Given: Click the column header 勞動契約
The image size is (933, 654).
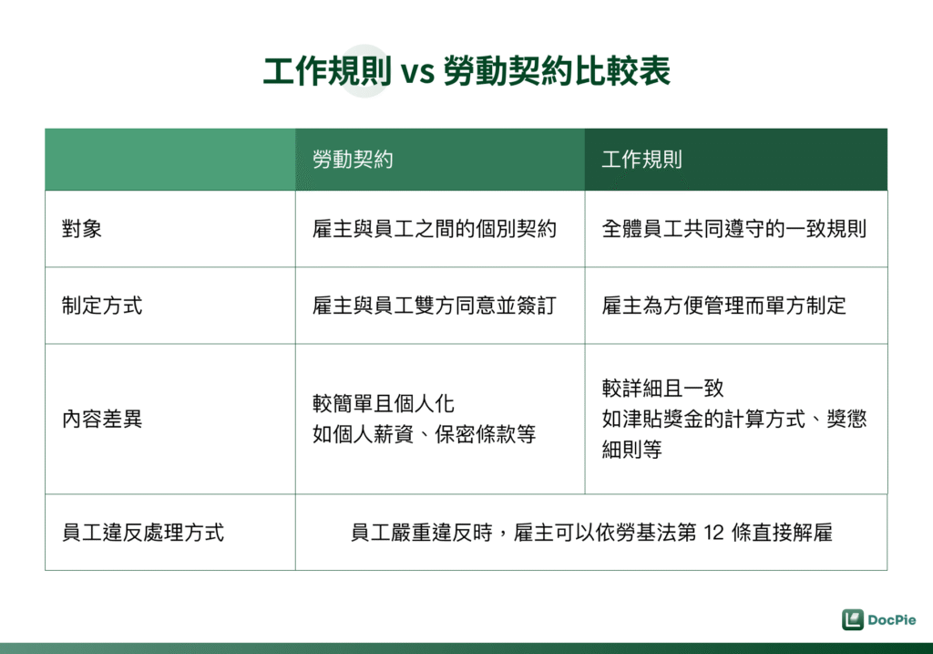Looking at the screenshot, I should coord(353,160).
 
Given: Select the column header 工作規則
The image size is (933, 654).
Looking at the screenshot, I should coord(641,160).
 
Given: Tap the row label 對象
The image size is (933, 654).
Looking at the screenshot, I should coord(82,229).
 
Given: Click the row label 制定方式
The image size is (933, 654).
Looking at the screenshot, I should coord(102,306).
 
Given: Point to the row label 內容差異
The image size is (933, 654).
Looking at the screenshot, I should coord(102,420).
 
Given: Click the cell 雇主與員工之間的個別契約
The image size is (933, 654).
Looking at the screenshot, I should coord(434,229).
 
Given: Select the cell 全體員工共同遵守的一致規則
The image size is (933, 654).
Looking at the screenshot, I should coord(733,229).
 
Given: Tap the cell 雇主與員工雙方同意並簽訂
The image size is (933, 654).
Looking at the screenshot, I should coord(434,306).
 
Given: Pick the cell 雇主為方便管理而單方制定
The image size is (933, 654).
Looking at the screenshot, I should coord(723,306).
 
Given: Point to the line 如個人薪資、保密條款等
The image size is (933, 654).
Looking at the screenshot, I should coord(424,434).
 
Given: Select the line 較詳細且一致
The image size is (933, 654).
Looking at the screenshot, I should coord(662,389).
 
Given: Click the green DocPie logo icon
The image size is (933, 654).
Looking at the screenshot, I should coord(852,619).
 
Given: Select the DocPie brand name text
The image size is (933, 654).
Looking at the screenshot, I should coord(892,619).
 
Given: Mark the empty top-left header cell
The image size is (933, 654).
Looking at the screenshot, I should coord(170,160).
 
